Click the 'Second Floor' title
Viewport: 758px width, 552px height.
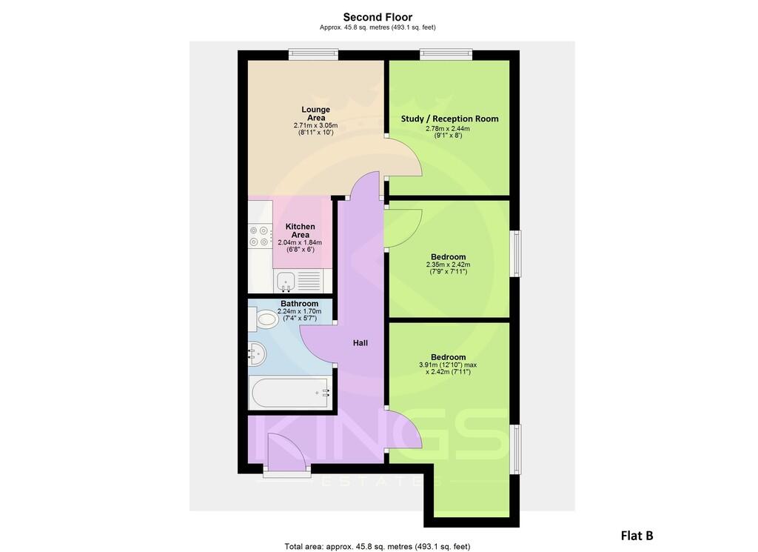[378, 17]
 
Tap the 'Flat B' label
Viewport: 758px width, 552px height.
[636, 535]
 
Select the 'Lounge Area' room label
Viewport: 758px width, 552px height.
[316, 113]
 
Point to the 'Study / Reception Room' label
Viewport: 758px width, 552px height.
[449, 119]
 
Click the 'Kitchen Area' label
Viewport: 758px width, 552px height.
[300, 230]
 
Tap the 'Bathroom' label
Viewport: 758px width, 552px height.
[299, 304]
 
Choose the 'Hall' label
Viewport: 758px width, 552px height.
[360, 343]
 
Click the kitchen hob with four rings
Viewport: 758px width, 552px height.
[260, 236]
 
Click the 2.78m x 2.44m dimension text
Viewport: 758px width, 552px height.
[448, 129]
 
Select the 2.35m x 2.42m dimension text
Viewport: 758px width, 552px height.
[448, 265]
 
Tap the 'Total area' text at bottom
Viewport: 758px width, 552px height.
[378, 547]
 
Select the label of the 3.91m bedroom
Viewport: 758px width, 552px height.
[448, 356]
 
